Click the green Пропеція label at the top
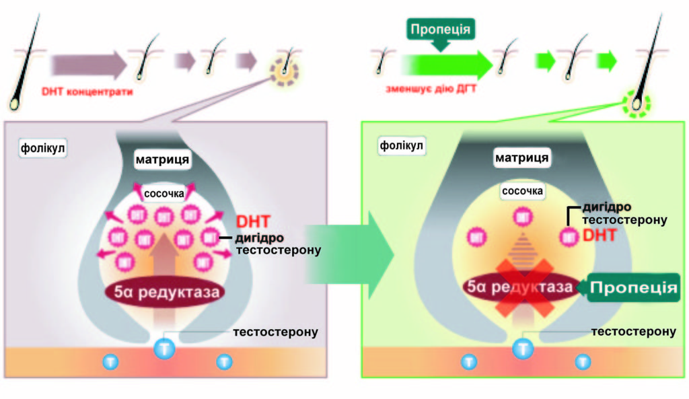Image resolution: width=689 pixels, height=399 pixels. click(x=441, y=30)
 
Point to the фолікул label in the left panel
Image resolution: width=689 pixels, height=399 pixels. click(x=42, y=146)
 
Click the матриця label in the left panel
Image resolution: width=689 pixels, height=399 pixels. click(x=161, y=160)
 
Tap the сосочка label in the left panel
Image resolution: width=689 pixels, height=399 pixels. click(x=164, y=194)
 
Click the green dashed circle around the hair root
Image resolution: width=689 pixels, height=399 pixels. click(x=636, y=104)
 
